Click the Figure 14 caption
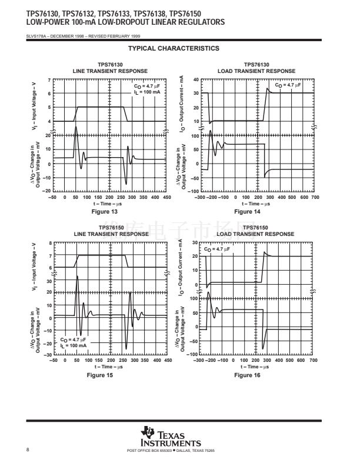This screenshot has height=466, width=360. click(247, 211)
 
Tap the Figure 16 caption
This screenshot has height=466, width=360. click(247, 375)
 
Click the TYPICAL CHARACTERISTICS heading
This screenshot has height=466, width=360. click(174, 48)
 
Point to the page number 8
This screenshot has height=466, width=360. click(28, 450)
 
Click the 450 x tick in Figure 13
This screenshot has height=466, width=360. click(166, 197)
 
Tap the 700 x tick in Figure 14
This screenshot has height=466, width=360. click(314, 197)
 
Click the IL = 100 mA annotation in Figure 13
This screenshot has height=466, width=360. click(146, 92)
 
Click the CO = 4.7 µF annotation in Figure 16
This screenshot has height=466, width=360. click(217, 249)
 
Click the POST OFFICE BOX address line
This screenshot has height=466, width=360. click(171, 451)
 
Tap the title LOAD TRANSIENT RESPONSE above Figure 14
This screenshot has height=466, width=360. click(256, 71)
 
